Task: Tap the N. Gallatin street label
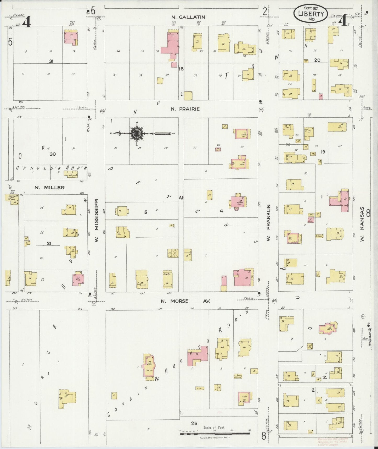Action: [x=188, y=17]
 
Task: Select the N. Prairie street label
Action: [x=185, y=109]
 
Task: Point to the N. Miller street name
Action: [x=49, y=188]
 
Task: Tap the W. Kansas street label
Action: [x=362, y=224]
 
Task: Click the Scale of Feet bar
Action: [x=215, y=434]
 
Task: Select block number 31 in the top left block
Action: [x=51, y=61]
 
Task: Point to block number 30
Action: [x=53, y=154]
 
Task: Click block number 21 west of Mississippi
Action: [x=49, y=244]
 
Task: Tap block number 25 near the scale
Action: [x=194, y=423]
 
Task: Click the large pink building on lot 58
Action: [x=170, y=47]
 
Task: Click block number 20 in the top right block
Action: [x=317, y=60]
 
